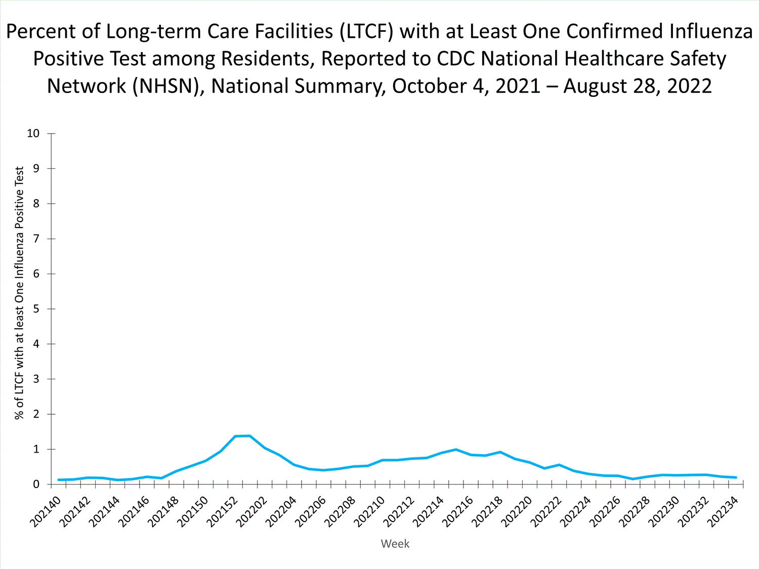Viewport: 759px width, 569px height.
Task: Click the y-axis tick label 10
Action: point(33,134)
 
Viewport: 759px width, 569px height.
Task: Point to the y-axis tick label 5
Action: point(36,309)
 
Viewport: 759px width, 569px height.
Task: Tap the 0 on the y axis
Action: point(36,485)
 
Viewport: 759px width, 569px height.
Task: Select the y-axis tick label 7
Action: point(36,239)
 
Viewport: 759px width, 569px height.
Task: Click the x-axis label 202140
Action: point(46,511)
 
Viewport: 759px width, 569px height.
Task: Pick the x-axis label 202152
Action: point(223,511)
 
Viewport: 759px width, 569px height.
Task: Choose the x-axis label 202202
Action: point(252,511)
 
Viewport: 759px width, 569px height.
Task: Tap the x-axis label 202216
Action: point(458,511)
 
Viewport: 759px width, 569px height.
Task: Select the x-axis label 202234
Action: point(723,511)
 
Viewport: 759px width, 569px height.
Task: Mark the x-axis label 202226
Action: point(605,511)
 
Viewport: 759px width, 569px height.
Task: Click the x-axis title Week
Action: point(395,544)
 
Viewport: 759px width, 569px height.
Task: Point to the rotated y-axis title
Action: point(19,293)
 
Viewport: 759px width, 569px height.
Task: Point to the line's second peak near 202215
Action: point(456,449)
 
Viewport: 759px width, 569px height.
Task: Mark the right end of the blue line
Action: point(736,477)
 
